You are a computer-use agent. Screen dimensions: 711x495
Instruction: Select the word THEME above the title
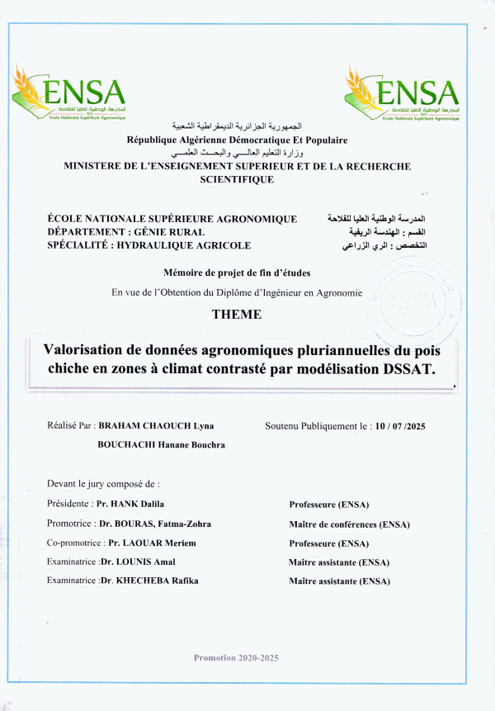tap(237, 315)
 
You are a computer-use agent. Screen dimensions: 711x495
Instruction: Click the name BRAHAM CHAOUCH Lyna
tap(156, 426)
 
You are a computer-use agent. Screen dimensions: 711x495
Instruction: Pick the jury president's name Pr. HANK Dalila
tap(130, 504)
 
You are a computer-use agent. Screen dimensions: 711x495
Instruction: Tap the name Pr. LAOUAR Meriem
tap(147, 543)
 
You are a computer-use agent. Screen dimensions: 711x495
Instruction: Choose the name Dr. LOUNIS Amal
tap(137, 562)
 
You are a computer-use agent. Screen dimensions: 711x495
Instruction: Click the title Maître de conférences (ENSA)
tap(349, 524)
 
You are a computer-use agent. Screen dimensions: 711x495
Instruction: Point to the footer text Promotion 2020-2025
tap(236, 657)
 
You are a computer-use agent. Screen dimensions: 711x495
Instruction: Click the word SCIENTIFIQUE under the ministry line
tap(237, 179)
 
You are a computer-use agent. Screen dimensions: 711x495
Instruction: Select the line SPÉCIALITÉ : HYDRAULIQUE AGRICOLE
tap(149, 245)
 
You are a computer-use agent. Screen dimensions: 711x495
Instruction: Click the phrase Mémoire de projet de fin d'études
tap(237, 273)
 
